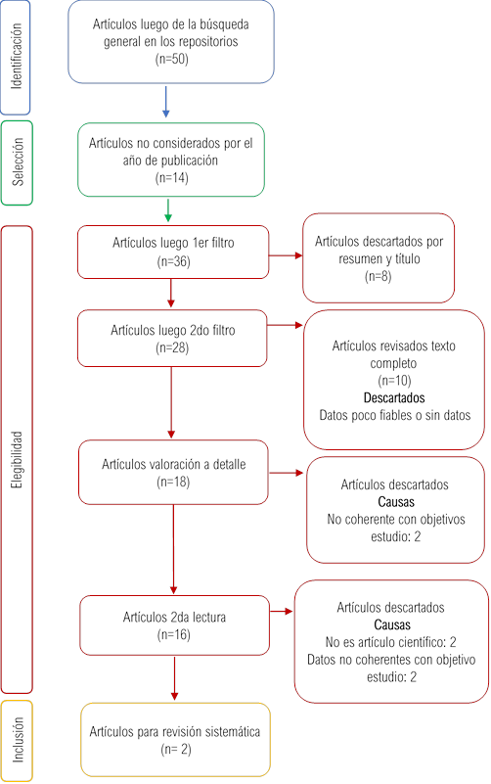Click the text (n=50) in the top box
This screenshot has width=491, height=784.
[x=171, y=59]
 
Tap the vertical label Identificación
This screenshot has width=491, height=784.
[x=17, y=56]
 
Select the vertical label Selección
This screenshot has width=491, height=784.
[x=18, y=162]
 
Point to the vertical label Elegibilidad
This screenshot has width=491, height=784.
[x=18, y=459]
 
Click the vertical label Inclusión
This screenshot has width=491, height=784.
[x=18, y=740]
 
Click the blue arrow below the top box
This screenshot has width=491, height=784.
[x=166, y=102]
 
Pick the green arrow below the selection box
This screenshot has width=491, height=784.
[x=168, y=210]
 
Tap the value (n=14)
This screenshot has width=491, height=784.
[x=171, y=178]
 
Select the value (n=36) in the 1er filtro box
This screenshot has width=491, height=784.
[x=173, y=261]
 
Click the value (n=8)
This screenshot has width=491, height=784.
[x=379, y=276]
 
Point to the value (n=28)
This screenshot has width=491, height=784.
[x=172, y=347]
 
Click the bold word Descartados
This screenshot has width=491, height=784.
[x=394, y=398]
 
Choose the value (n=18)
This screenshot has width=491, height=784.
[x=173, y=482]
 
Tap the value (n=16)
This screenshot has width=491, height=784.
[x=174, y=634]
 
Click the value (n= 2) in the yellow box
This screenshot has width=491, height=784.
[x=176, y=749]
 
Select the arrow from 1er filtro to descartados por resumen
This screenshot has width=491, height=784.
[x=286, y=255]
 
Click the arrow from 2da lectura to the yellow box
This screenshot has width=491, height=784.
[x=174, y=678]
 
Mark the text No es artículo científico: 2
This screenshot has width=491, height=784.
[x=390, y=642]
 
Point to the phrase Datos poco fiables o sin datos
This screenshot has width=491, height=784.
[x=394, y=415]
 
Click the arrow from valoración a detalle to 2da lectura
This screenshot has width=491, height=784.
[x=173, y=549]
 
